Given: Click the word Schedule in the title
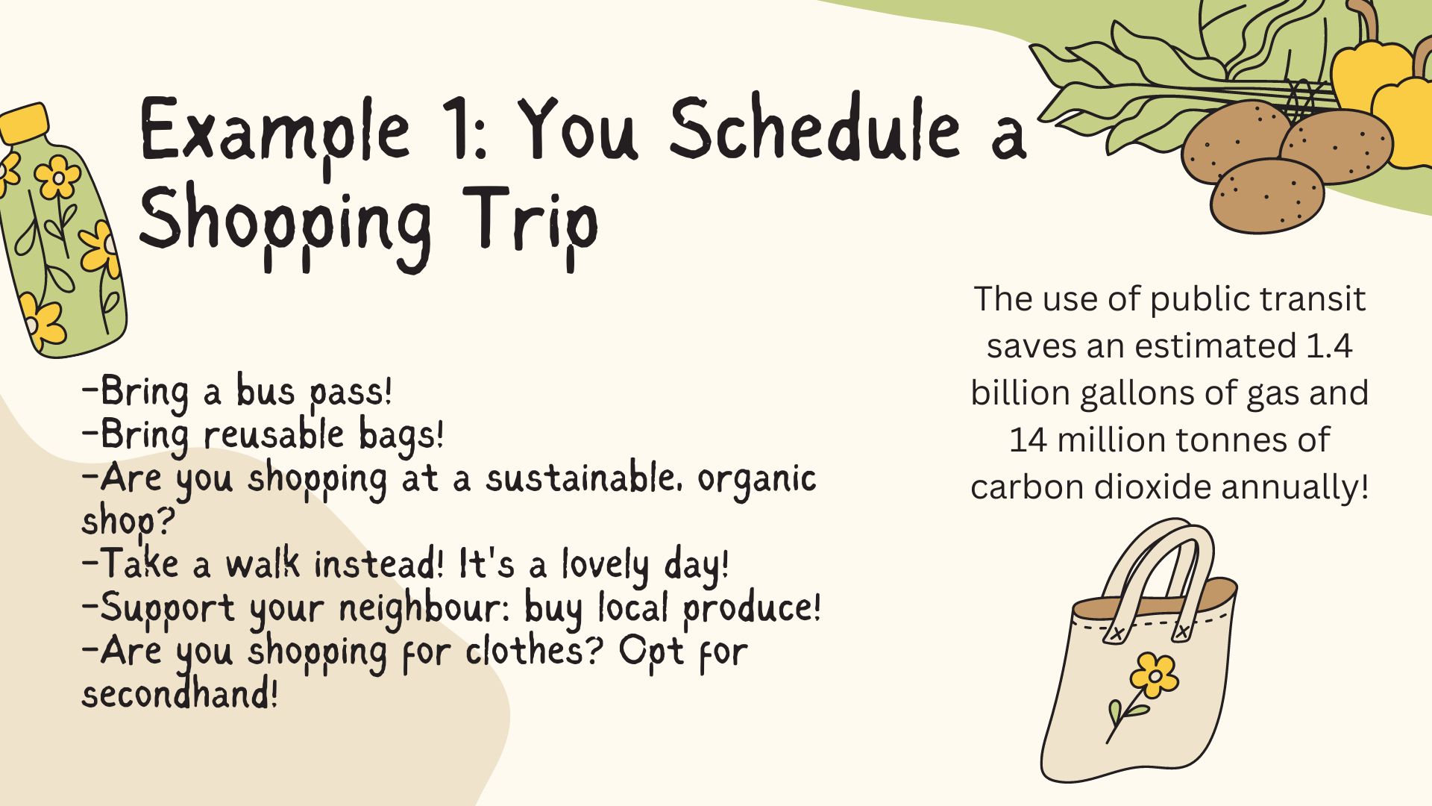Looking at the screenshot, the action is (815, 128).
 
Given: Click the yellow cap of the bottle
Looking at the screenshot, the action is (24, 122).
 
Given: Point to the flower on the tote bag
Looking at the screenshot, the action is (1154, 675).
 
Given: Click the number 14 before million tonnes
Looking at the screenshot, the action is (1028, 440).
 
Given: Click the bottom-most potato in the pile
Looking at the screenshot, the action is (1266, 196).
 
